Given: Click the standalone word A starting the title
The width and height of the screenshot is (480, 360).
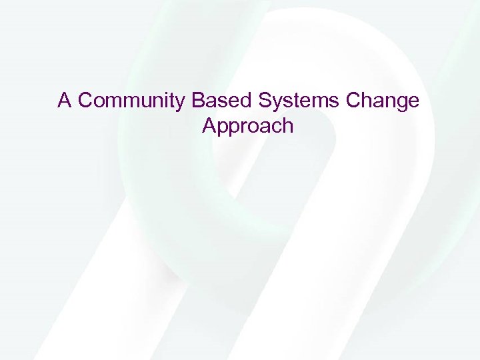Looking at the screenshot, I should coord(65,101).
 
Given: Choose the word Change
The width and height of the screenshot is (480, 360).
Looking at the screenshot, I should coord(383,101).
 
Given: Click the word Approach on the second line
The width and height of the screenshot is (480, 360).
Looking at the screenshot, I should coord(247,125).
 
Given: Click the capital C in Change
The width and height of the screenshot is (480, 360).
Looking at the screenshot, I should coord(354,101).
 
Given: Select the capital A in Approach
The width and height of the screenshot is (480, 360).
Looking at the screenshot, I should coord(208,125).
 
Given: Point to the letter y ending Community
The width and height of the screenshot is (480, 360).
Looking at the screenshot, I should coord(182,103).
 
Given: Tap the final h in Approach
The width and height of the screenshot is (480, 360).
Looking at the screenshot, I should coord(287,125).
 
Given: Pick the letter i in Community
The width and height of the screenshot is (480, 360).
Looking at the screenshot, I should coord(169,101).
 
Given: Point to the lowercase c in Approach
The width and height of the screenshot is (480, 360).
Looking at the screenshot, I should coord(275,126).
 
